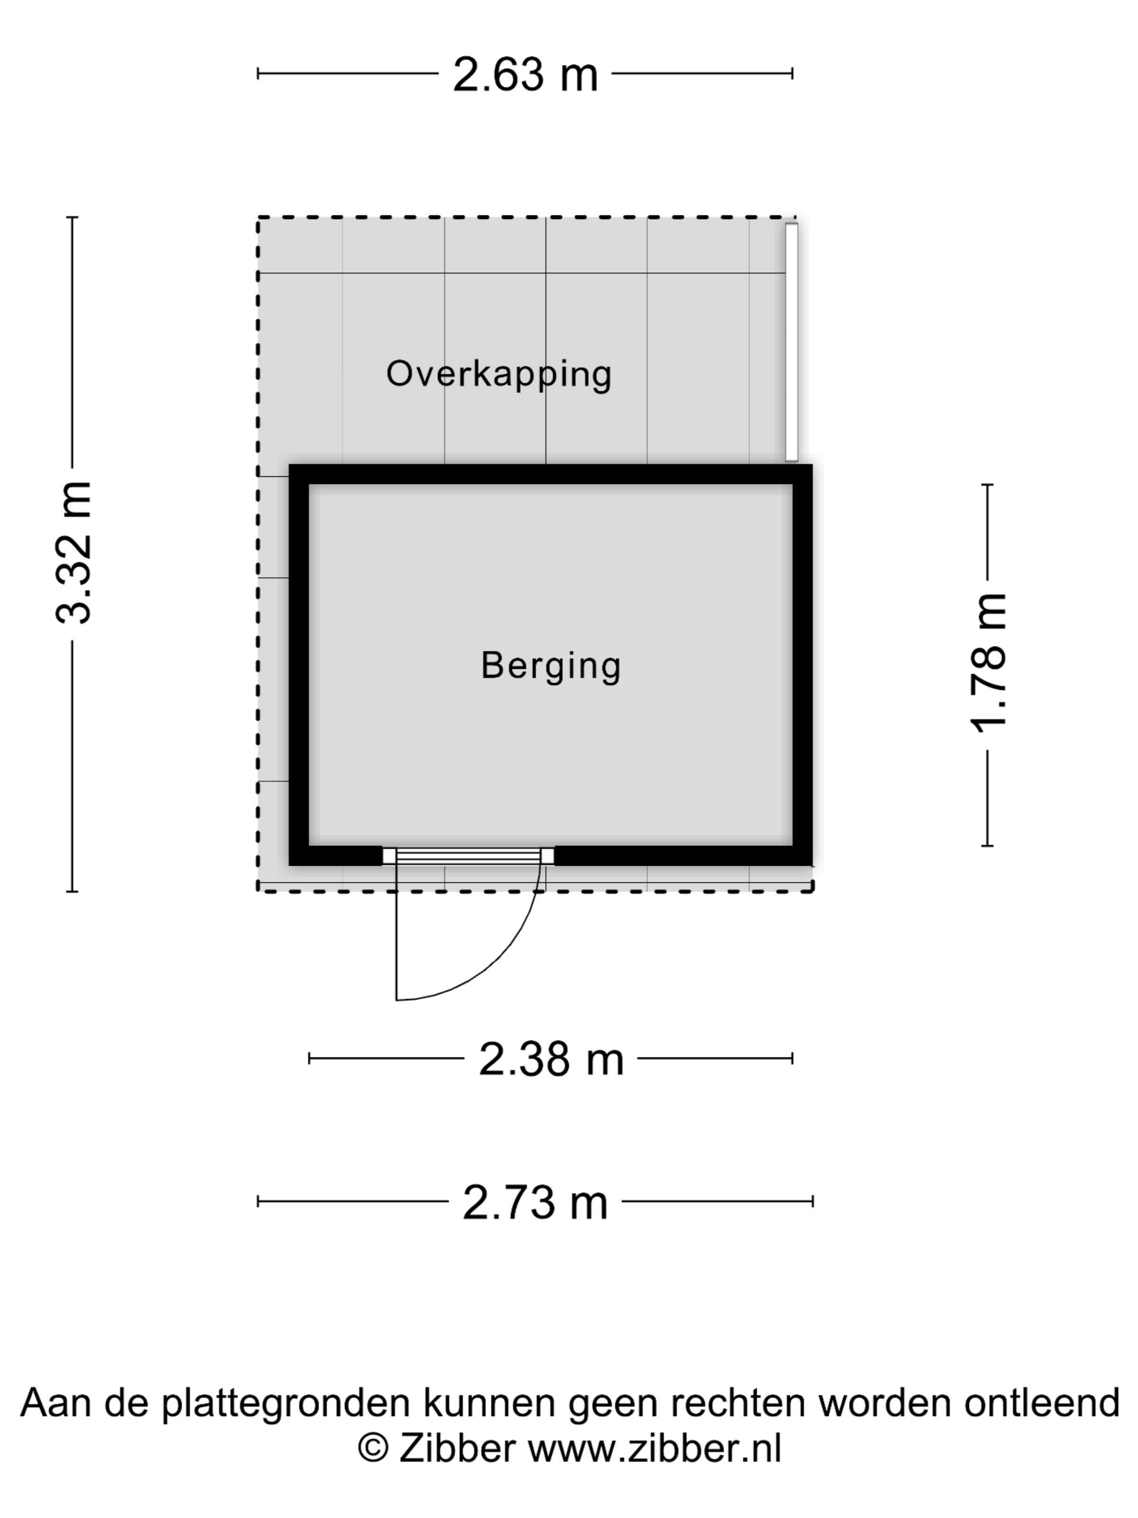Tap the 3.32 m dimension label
click(x=73, y=552)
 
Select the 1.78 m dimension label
click(x=988, y=663)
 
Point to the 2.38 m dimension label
click(x=551, y=1059)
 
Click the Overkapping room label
click(x=499, y=375)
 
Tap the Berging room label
click(x=551, y=666)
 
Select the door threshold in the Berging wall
click(x=468, y=856)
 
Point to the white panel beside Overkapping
click(x=792, y=342)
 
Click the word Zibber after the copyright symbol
click(x=457, y=1449)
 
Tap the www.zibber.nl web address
click(x=655, y=1449)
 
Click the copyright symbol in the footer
click(x=373, y=1449)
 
